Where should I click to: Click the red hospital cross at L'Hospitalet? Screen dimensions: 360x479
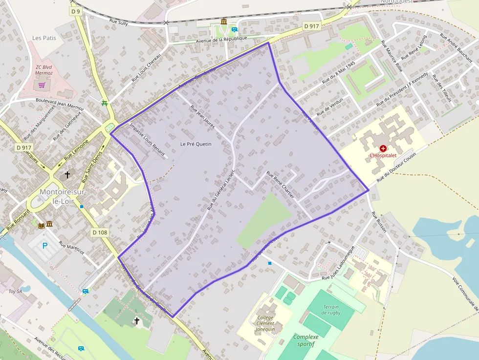click(383, 148)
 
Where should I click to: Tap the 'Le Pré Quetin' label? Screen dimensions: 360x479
click(195, 144)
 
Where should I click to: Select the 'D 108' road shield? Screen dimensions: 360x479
click(100, 233)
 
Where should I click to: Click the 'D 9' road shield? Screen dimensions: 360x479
click(75, 11)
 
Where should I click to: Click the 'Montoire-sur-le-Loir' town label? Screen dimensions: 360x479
click(63, 196)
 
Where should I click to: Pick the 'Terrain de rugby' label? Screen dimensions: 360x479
click(331, 310)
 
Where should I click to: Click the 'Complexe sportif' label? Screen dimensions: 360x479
click(305, 340)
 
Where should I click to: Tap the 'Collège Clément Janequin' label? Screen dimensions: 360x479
click(265, 323)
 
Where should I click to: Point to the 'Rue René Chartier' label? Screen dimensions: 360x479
click(280, 185)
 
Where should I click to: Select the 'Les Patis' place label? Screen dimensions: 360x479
click(44, 38)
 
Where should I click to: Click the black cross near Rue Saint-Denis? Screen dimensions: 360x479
click(67, 174)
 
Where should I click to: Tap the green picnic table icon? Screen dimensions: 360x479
click(104, 103)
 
